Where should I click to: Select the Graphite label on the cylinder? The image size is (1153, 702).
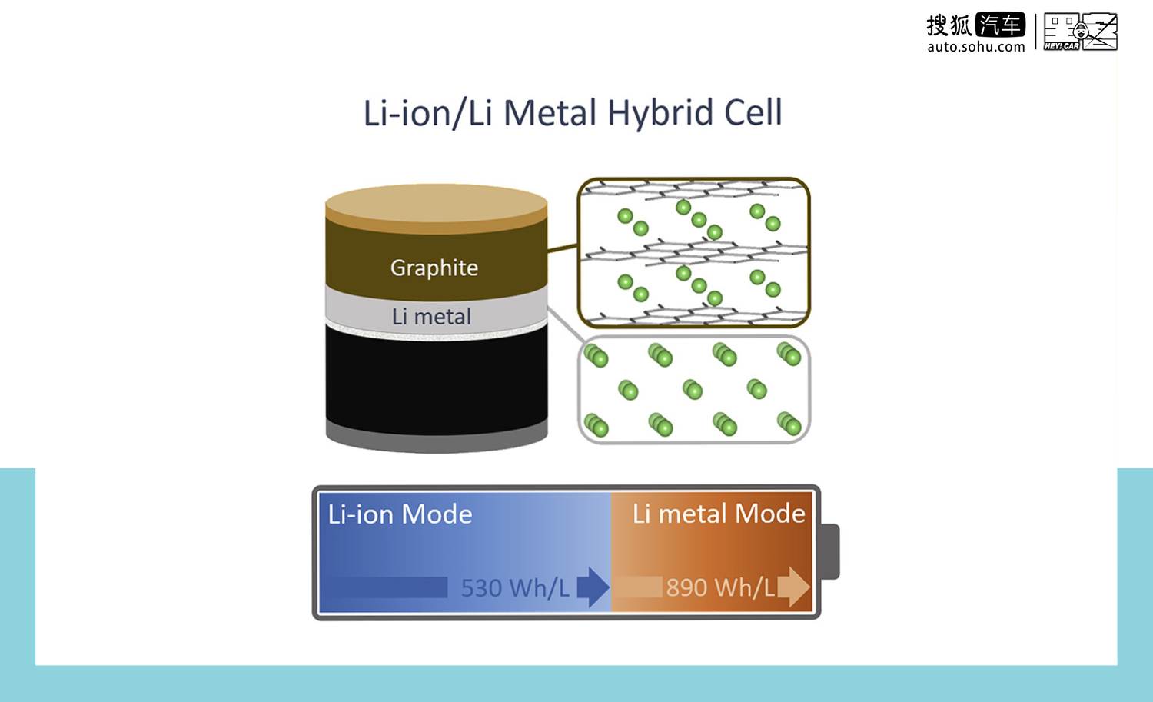point(434,268)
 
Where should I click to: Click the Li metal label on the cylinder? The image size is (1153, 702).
point(431,316)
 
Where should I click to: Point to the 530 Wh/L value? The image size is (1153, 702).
point(515,588)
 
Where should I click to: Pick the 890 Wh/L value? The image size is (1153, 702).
point(721,587)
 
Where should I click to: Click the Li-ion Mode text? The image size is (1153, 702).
point(400,514)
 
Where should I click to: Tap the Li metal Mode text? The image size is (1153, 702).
point(719,514)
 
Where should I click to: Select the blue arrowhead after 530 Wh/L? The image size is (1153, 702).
point(593,587)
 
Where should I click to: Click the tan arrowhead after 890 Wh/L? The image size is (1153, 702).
point(793,587)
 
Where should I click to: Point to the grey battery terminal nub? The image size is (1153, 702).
point(830,551)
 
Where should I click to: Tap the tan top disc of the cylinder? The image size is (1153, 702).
point(437,204)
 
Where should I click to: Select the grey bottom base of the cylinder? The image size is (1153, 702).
point(437,441)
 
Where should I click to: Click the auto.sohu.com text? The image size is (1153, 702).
point(976,47)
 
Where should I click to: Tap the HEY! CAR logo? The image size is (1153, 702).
point(1081,32)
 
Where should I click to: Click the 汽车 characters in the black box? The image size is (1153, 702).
point(1000,25)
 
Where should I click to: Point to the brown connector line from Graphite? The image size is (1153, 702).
point(562,248)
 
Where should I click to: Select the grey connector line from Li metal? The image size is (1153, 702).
point(567,324)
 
